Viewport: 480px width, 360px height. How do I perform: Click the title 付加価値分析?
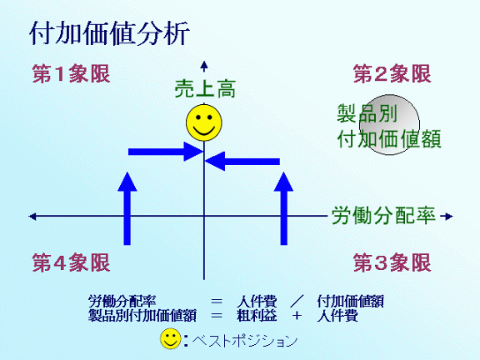tap(110, 33)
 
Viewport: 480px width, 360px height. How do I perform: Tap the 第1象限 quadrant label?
tap(71, 74)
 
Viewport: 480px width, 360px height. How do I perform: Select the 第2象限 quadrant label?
tap(392, 74)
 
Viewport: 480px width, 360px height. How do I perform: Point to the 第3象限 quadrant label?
tap(392, 262)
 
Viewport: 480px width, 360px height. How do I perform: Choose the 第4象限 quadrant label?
tap(71, 262)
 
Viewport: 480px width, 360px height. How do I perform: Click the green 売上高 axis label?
tap(205, 89)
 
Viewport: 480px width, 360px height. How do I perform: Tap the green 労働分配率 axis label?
tap(383, 216)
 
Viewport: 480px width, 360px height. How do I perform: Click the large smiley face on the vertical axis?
tap(204, 122)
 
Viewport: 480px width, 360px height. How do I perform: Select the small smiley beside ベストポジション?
tap(171, 339)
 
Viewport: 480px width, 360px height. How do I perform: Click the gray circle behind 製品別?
tap(389, 125)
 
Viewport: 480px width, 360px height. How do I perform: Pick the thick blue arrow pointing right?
tap(166, 152)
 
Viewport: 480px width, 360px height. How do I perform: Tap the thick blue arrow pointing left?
tap(242, 162)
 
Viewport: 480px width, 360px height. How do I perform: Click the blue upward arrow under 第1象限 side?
tap(127, 208)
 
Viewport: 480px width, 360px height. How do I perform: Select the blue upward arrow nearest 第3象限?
tap(284, 208)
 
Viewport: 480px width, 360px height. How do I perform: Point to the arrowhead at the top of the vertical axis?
tap(204, 65)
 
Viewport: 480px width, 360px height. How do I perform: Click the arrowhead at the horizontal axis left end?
tap(32, 217)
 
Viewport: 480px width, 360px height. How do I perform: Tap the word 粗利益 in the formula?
tap(257, 315)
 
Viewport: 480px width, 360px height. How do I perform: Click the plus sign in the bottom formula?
tap(297, 315)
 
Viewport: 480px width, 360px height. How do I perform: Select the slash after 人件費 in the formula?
tap(297, 301)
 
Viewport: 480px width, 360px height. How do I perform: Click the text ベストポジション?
tap(245, 340)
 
